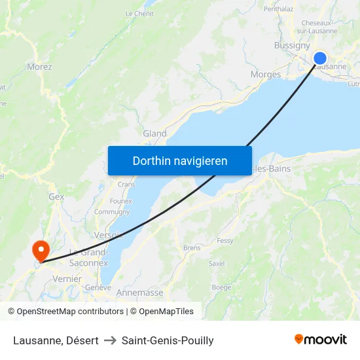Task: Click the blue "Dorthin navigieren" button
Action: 180,160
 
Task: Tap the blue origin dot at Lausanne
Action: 320,58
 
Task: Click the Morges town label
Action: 266,75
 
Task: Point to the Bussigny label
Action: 291,46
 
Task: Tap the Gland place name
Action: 155,134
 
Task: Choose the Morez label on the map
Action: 39,67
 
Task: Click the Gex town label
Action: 56,196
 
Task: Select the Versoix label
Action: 109,235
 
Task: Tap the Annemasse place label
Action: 139,293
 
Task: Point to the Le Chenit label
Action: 139,13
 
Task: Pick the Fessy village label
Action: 225,241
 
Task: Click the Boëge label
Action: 221,287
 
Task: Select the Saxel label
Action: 216,264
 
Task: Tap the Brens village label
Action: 192,248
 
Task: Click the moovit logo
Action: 320,340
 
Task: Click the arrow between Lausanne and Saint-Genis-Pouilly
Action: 110,340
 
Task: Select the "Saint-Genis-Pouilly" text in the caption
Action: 168,340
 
